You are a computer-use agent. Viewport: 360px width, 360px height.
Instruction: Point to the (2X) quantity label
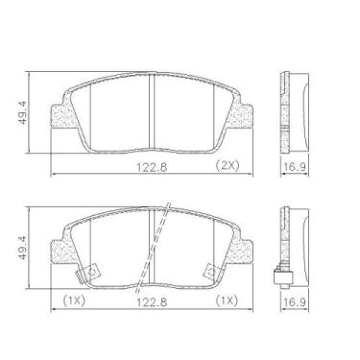pos(226,166)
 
